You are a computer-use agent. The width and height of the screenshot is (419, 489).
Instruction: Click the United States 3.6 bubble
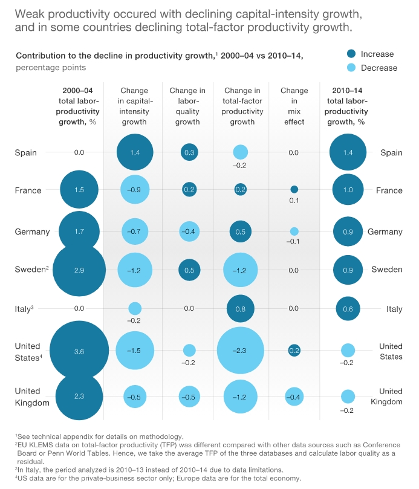[x=79, y=351]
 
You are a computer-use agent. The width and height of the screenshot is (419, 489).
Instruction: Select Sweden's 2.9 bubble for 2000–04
[x=79, y=270]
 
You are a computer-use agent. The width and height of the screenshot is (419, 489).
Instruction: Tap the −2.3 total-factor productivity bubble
[x=240, y=350]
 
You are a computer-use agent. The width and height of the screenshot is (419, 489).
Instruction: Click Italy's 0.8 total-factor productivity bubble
[x=240, y=309]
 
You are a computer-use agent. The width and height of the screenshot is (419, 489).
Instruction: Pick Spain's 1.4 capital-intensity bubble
[x=135, y=152]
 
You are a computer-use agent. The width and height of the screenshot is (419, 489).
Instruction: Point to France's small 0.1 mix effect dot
[x=294, y=189]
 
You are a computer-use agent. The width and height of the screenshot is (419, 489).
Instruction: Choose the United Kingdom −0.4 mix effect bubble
[x=294, y=397]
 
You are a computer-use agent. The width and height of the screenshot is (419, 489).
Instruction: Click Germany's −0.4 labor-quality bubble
[x=189, y=232]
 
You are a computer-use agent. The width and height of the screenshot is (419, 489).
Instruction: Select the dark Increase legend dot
[x=351, y=54]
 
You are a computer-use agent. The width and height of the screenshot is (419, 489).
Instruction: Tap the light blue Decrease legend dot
[x=351, y=68]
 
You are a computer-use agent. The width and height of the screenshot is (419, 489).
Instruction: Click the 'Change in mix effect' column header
[x=294, y=106]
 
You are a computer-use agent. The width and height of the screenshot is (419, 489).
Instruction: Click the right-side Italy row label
[x=394, y=309]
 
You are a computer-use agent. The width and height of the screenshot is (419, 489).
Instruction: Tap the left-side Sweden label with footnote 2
[x=30, y=270]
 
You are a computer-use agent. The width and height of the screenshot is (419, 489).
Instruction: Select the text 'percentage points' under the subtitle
[x=51, y=68]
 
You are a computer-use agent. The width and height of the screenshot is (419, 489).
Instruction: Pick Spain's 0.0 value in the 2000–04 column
[x=79, y=152]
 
